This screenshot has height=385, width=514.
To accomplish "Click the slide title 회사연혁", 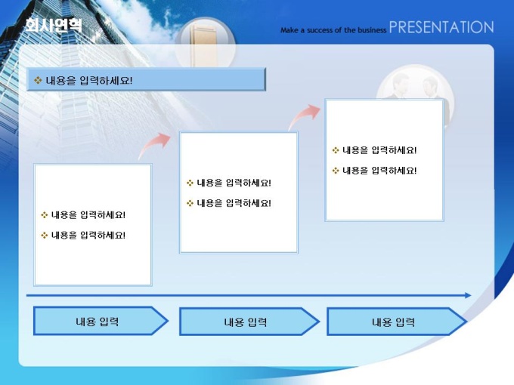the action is (x=54, y=25).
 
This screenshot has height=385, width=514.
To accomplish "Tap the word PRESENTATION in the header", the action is (x=441, y=27).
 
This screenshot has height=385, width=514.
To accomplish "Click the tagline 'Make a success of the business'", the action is (x=333, y=30).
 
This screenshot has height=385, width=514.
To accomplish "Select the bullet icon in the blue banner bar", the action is (x=38, y=80).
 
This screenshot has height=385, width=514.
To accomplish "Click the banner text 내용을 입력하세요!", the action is (x=89, y=80).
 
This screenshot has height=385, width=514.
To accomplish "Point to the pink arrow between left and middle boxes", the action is (x=154, y=145).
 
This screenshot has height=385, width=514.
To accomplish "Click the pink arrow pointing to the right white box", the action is (x=304, y=116).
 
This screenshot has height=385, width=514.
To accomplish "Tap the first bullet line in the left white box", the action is (x=83, y=215).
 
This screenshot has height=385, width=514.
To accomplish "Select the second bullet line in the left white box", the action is (x=83, y=236).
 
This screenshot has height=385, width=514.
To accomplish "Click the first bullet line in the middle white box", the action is (x=229, y=183).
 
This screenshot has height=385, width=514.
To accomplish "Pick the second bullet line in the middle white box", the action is (x=229, y=203).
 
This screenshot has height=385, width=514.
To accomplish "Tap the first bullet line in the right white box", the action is (x=374, y=150).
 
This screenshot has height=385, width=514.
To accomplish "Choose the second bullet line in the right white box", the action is (x=374, y=171).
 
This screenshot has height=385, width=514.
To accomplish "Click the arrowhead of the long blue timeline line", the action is (x=468, y=295).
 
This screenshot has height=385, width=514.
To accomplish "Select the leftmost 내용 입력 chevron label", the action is (x=97, y=322).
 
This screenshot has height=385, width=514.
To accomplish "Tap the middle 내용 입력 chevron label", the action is (x=245, y=322).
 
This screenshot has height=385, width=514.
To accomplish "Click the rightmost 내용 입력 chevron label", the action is (x=393, y=322).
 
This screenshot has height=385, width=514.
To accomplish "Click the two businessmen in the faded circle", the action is (x=415, y=86).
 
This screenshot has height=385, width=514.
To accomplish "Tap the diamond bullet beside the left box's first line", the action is (x=45, y=215).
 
